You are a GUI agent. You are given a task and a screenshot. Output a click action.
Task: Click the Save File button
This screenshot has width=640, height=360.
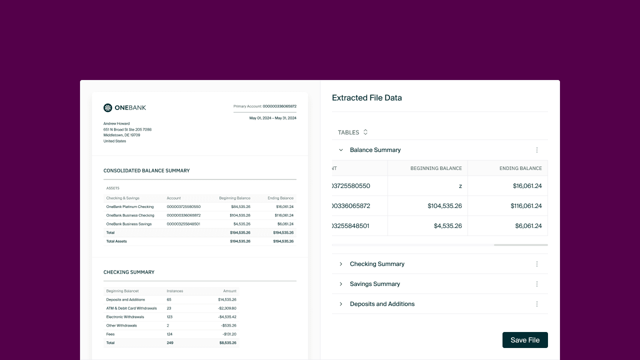coord(525,340)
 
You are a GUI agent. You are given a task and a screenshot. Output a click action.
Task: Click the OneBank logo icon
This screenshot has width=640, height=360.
coord(107,107)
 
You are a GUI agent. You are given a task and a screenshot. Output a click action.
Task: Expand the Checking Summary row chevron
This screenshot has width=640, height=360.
coord(341,264)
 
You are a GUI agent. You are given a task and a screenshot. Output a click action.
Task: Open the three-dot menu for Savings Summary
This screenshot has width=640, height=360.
coord(537,284)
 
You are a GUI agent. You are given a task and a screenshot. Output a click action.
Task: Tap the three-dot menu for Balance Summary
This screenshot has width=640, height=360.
coord(537,150)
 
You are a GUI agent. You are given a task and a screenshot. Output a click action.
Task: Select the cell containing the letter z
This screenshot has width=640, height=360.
coord(460,186)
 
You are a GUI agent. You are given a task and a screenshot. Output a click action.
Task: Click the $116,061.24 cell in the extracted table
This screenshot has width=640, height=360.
coord(527,206)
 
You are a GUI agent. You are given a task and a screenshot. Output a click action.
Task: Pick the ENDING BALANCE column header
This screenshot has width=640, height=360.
coord(520,168)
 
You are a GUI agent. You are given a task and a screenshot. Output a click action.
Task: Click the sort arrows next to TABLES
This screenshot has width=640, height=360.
coord(365,132)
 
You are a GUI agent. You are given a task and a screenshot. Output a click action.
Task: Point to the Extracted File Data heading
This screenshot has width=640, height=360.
coord(367,98)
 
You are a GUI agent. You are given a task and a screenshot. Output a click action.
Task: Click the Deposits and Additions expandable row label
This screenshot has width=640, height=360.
coord(382,304)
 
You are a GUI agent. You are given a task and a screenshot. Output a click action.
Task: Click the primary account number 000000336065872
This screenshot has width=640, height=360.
coord(279,106)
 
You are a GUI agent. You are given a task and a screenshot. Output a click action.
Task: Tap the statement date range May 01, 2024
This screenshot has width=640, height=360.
coord(272,118)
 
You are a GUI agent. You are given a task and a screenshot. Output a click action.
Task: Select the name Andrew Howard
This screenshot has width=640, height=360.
coord(116,123)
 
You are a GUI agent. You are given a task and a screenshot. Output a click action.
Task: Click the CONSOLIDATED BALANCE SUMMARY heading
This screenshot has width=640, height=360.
coord(146,170)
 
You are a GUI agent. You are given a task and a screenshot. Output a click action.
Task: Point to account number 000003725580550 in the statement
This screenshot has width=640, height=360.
coord(183,206)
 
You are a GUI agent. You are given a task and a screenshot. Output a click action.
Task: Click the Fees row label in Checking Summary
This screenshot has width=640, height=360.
coord(110,334)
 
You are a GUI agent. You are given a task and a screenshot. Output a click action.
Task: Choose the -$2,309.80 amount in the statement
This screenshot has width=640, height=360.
coord(227,308)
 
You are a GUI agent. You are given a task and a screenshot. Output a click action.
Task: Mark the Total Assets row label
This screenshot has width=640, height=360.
coord(116,241)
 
